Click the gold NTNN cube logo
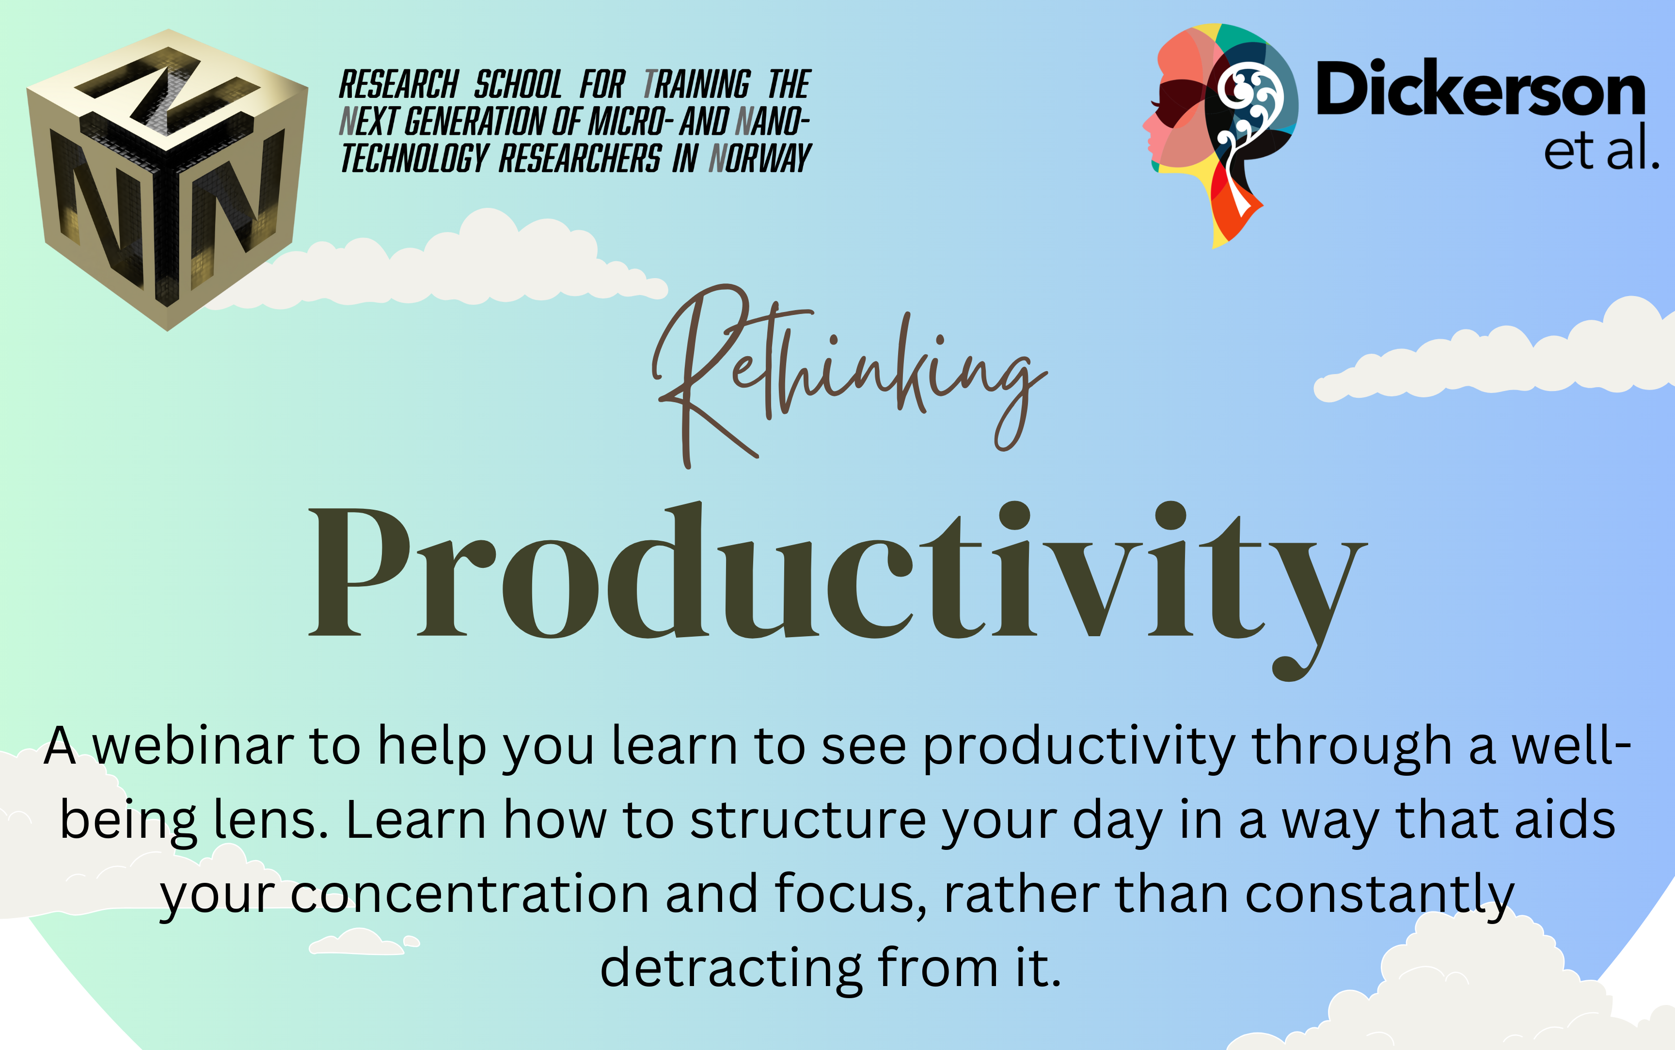coord(167,179)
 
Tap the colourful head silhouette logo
coord(1220,135)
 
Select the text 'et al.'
coord(1601,148)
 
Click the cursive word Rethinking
coord(849,375)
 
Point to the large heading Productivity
coord(837,590)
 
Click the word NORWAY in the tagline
coord(760,158)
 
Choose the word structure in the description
coord(807,821)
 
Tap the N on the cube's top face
coord(167,89)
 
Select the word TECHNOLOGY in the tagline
coord(414,158)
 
